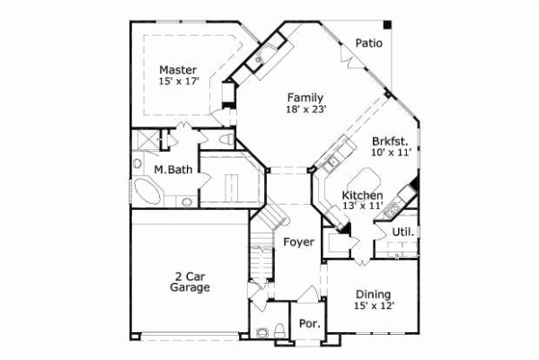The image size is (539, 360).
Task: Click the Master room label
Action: point(178,69)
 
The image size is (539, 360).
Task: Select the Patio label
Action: point(368,42)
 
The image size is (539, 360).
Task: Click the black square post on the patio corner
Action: point(388,22)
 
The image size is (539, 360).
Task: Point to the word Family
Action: point(305,97)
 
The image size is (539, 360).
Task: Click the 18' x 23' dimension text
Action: point(306,110)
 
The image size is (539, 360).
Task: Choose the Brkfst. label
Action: point(391,141)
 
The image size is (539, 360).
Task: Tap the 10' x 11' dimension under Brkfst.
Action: point(391,153)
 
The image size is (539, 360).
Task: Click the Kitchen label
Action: point(362,195)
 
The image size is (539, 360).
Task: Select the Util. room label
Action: point(402,232)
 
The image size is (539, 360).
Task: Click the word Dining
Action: point(373,294)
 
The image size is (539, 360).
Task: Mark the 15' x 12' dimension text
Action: point(374,306)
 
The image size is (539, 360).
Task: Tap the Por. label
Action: point(308,323)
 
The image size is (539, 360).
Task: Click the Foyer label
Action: point(298,242)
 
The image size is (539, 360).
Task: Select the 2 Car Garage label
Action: point(190,282)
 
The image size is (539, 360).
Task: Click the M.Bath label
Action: point(171,170)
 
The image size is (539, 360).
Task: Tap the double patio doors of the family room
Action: point(346,54)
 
